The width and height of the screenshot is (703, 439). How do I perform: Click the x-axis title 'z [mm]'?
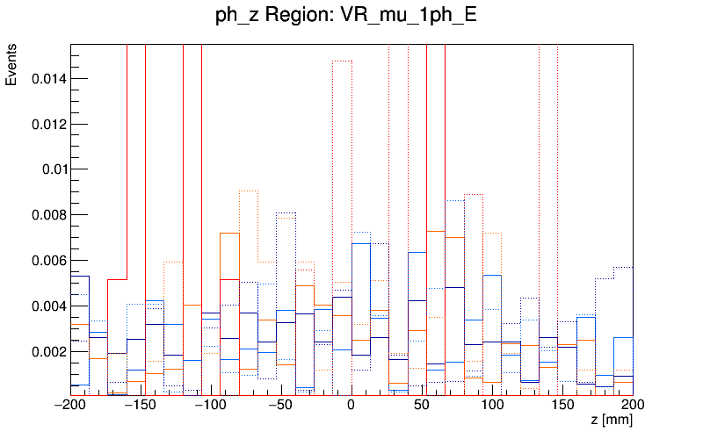tap(612, 421)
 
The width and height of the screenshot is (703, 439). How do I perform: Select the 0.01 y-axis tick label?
tap(53, 169)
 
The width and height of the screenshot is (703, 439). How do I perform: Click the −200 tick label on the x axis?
tap(71, 406)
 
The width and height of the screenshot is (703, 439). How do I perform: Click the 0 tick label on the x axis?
tap(351, 406)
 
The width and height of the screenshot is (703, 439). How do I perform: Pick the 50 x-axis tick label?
tap(422, 406)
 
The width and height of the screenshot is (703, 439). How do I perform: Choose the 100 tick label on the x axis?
tap(492, 406)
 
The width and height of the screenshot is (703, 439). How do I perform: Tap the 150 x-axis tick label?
tap(562, 406)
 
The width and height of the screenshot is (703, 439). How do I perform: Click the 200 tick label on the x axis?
tap(631, 406)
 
